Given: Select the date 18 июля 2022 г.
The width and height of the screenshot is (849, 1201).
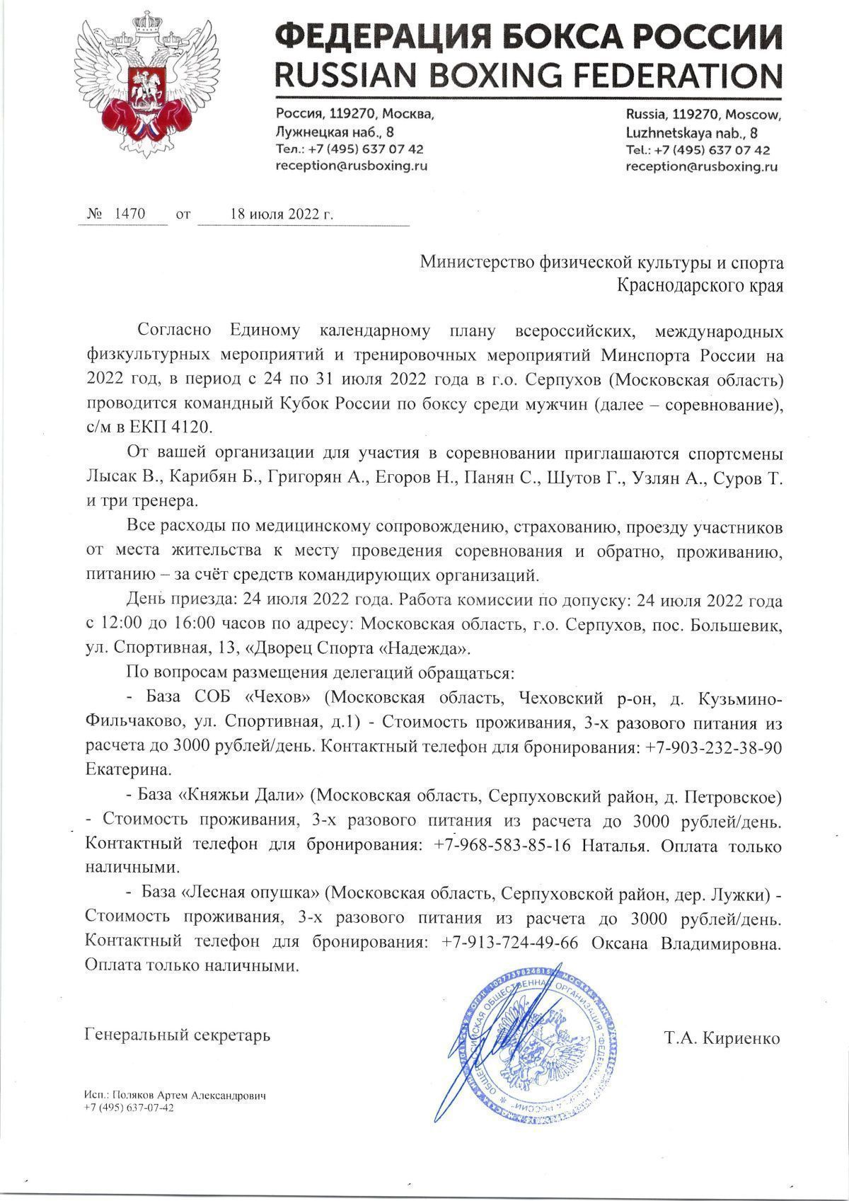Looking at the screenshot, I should coord(281,213).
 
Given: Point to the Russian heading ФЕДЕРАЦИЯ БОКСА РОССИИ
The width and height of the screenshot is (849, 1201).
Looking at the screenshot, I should coord(528,35).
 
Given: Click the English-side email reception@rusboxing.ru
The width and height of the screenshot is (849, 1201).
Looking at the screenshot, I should coord(701,167).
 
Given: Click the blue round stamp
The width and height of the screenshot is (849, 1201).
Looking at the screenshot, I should coord(537,1037).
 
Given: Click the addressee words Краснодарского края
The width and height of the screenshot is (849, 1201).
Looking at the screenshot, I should coord(700,285).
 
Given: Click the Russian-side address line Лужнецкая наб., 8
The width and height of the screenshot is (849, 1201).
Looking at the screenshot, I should coord(335,132).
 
